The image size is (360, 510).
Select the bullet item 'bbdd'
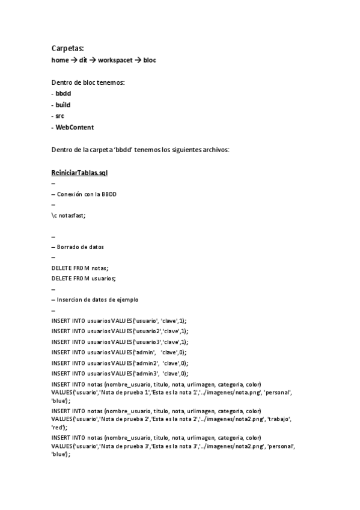click(x=63, y=94)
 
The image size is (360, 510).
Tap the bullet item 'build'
click(x=63, y=105)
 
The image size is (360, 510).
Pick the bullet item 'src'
click(x=59, y=115)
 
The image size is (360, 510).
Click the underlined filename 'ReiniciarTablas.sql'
click(x=79, y=173)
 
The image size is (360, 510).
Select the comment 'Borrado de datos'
click(x=81, y=247)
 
